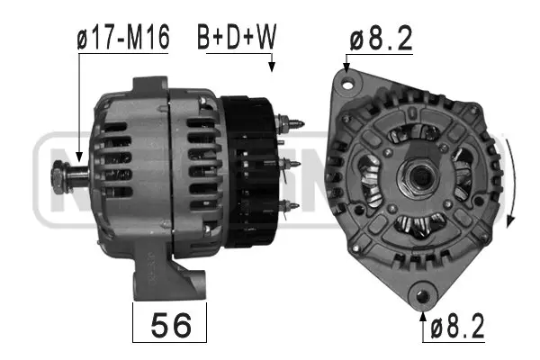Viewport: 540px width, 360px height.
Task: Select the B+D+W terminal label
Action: click(237, 39)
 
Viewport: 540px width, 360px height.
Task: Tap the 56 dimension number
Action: click(169, 325)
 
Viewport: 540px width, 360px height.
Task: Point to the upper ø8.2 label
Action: click(382, 39)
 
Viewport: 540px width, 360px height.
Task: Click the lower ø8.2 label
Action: click(455, 326)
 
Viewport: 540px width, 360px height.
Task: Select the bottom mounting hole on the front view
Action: click(421, 292)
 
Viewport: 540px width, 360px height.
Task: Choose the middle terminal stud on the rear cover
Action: click(291, 164)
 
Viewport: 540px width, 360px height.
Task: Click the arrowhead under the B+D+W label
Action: click(271, 66)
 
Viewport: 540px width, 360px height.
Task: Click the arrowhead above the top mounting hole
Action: click(346, 66)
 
